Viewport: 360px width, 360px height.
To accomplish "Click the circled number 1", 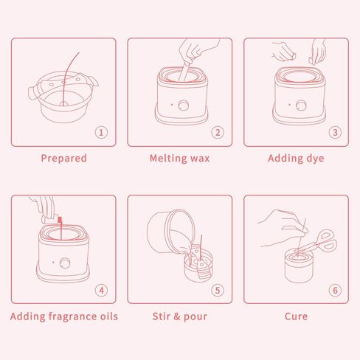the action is point(101,133).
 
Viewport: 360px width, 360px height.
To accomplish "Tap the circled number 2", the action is point(218,133).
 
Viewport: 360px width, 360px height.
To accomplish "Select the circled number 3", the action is point(335,133).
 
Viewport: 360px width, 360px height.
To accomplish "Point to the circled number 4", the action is point(101,291).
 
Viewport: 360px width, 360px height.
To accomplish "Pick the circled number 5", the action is point(218,291).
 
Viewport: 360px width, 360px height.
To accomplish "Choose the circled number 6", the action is point(335,291).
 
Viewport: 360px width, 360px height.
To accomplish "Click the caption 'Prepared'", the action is point(63,159).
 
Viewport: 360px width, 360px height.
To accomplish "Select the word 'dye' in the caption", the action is point(315,159).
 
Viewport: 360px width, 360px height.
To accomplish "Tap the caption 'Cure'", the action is point(296,316).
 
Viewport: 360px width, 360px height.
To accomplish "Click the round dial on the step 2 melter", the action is point(183,105).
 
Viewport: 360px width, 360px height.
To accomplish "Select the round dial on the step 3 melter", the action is point(301,105).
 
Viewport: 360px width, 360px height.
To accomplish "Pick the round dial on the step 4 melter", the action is point(65,263).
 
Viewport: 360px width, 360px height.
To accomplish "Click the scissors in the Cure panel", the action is point(319,242).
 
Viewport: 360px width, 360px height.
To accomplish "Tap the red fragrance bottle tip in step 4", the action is point(60,220).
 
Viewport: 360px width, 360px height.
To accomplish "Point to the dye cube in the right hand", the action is point(311,60).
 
